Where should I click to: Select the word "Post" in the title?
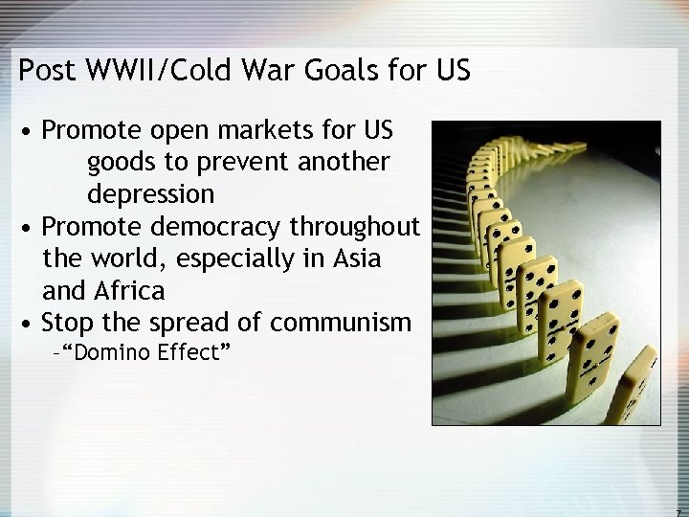click(44, 71)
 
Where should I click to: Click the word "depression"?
click(151, 193)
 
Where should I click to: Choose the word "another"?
click(343, 162)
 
